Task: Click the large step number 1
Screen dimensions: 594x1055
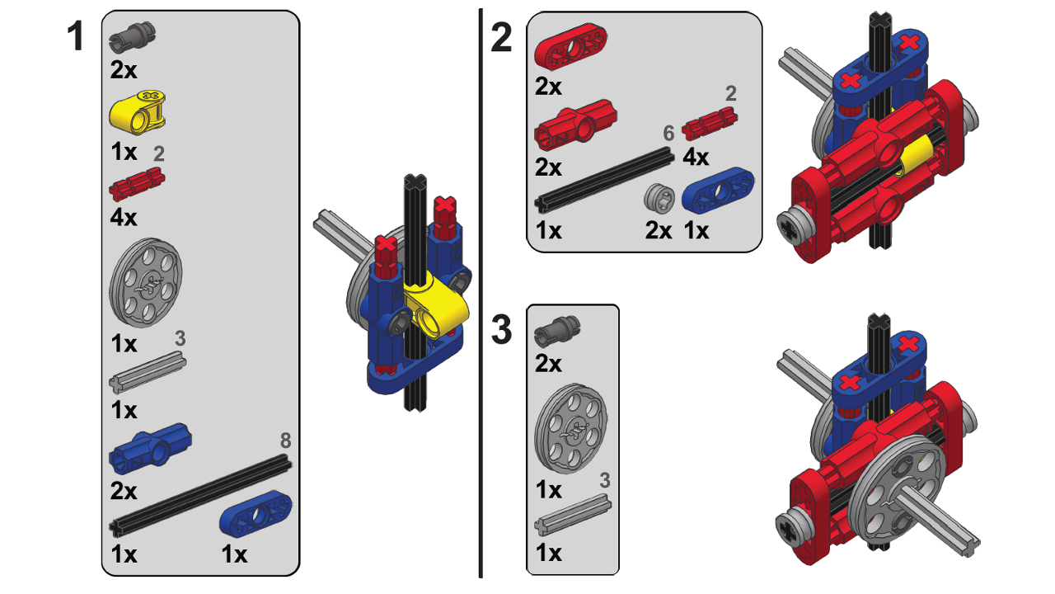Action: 76,37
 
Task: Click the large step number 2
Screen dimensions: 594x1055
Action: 501,37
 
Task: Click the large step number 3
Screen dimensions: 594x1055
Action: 501,330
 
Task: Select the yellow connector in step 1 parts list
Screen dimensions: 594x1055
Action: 138,111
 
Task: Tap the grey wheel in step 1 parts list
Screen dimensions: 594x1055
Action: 146,285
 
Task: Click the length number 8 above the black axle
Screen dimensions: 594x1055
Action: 285,440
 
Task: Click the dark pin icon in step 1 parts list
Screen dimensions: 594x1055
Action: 134,36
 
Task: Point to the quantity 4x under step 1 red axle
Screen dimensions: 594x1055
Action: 124,218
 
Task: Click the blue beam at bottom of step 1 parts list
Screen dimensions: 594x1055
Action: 256,517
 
